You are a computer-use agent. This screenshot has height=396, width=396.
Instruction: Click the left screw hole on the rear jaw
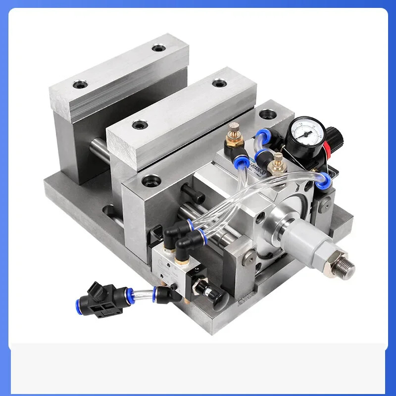[79, 85]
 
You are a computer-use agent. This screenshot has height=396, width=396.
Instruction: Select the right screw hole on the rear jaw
[158, 48]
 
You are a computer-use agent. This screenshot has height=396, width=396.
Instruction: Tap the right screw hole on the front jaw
[218, 83]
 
